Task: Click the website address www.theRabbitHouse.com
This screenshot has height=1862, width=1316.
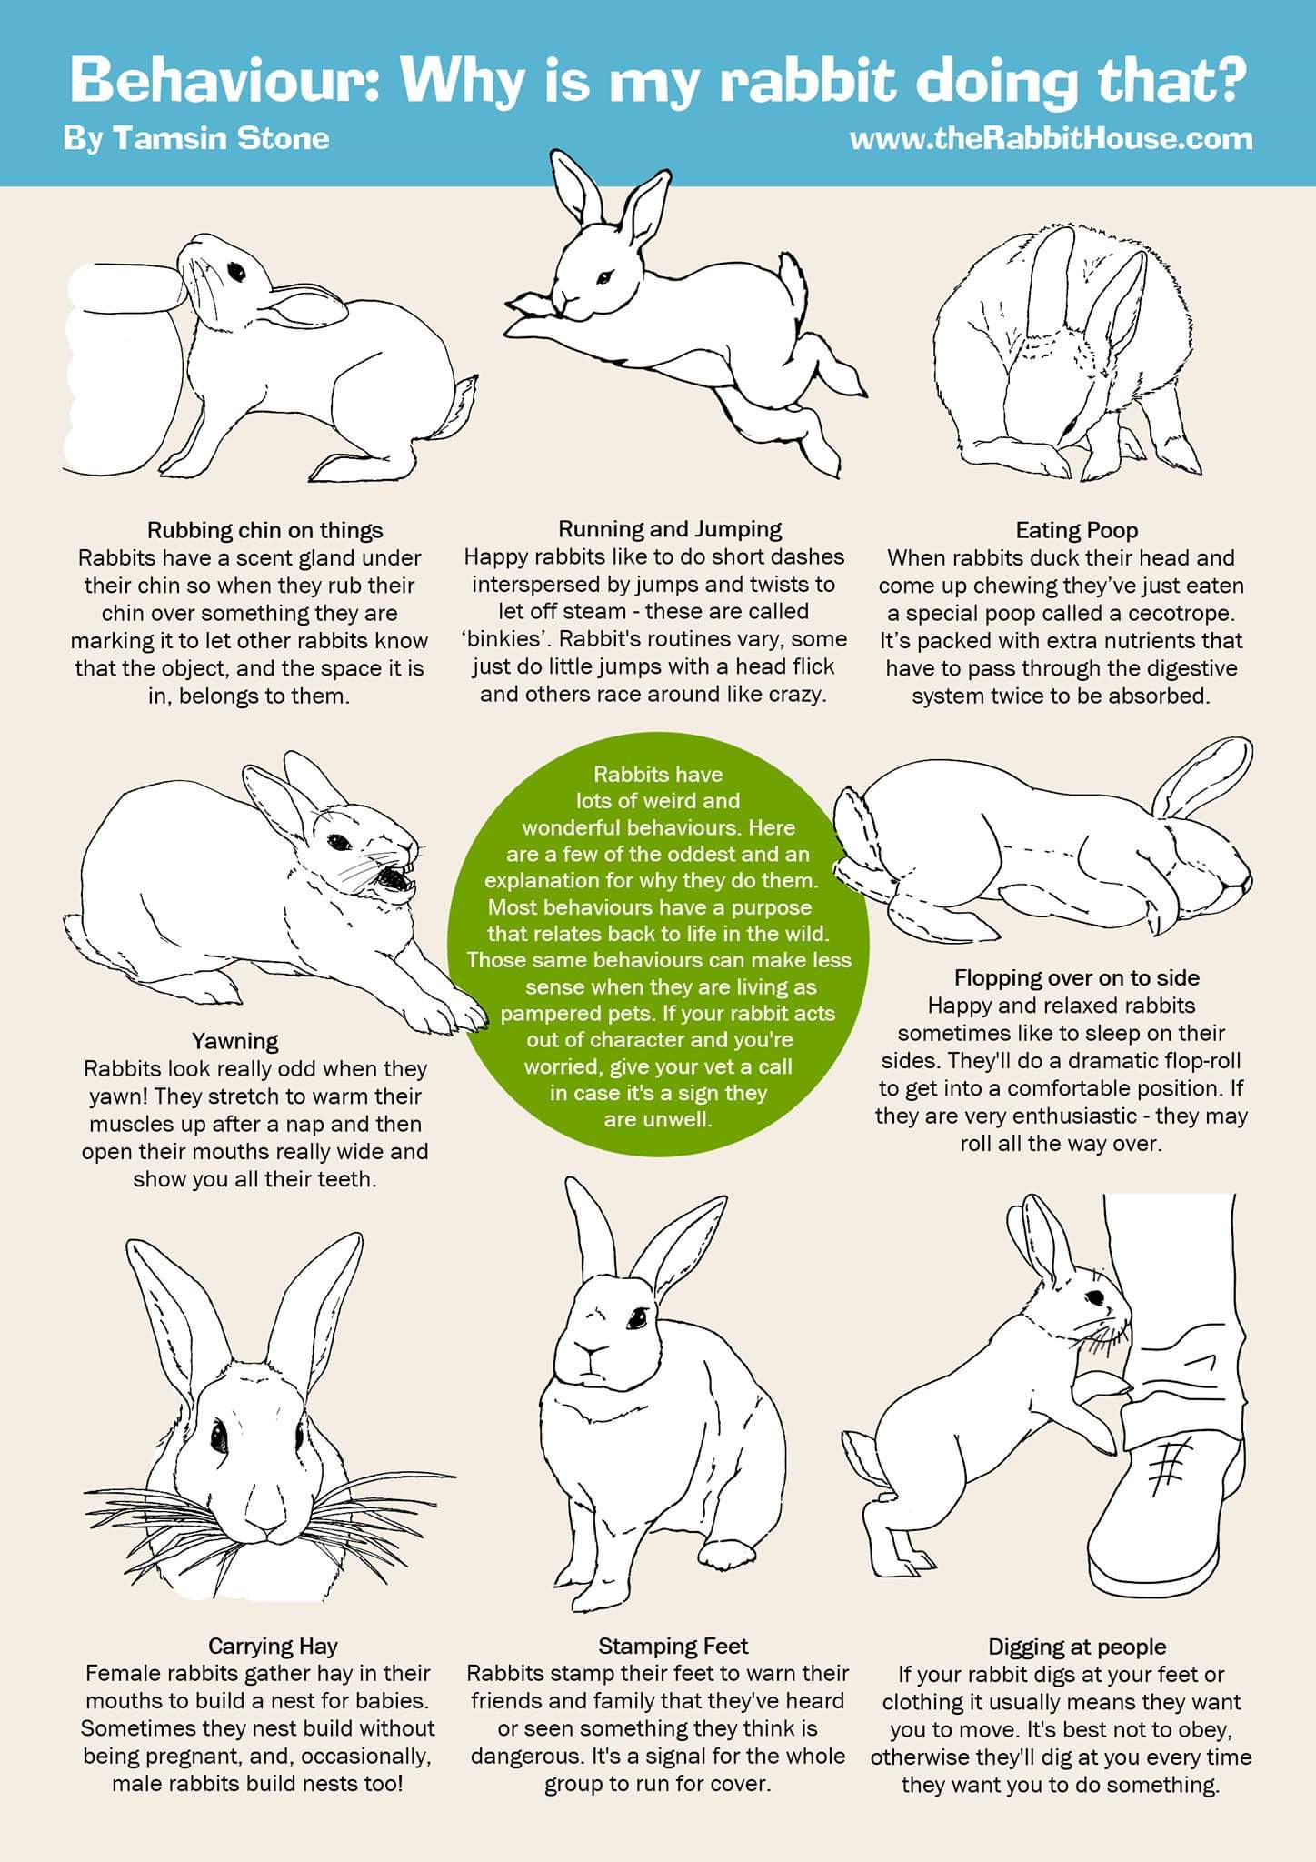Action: click(1051, 138)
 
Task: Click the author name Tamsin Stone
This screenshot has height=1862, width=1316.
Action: click(221, 138)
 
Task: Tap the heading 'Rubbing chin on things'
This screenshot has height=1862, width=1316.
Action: click(265, 530)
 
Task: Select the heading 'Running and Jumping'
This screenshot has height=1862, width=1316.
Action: click(670, 528)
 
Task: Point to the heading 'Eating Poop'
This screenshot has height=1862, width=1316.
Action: click(1077, 530)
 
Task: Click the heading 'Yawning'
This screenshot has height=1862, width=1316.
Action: click(235, 1041)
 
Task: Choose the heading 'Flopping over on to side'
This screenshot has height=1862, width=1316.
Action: click(1077, 977)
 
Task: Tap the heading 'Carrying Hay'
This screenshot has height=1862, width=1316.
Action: click(273, 1646)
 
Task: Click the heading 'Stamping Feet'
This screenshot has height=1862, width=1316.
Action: click(673, 1646)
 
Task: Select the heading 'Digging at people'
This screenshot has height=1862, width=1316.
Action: click(1077, 1647)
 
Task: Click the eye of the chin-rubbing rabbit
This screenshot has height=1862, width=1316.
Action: click(236, 271)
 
